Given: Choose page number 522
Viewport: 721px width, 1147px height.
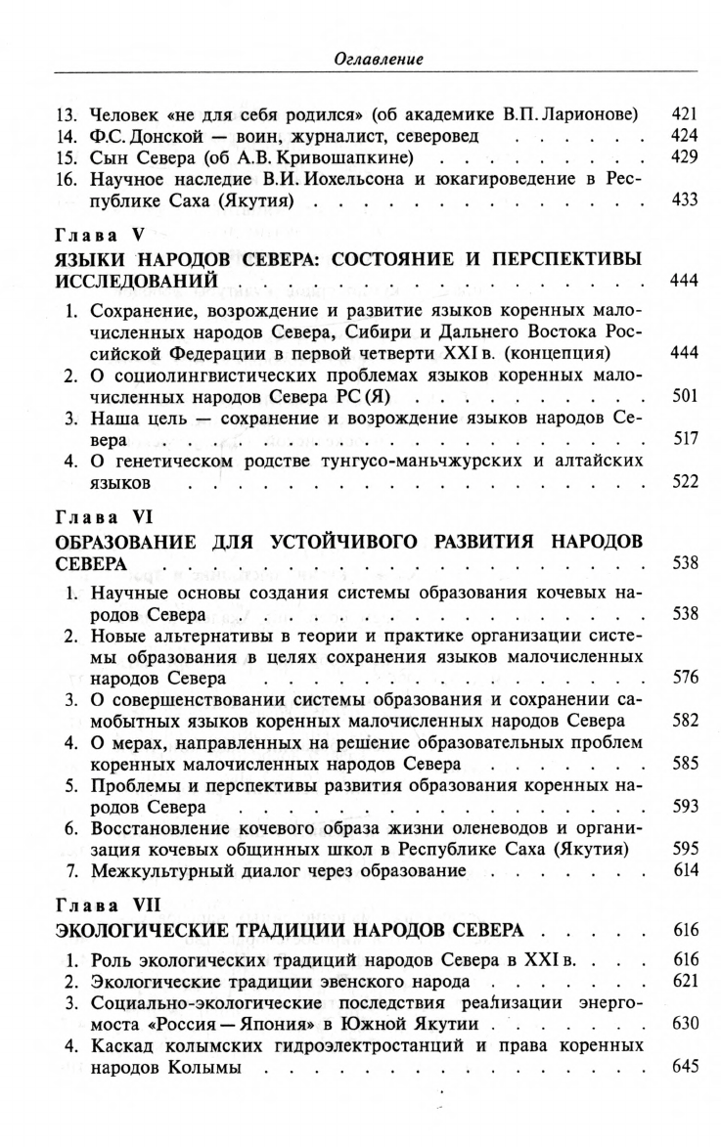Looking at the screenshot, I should coord(684,485).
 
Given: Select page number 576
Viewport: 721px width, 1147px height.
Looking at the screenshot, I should coord(684,677).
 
